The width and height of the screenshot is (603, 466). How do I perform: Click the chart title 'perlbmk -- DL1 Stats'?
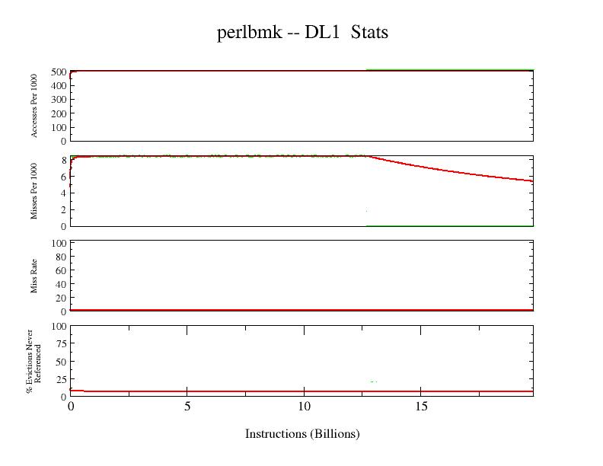tap(302, 33)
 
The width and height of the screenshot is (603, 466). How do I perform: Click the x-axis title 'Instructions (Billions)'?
tap(302, 434)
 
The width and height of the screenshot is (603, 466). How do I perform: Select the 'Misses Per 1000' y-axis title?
tap(34, 190)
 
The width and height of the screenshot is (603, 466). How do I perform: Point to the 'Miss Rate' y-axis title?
tap(34, 276)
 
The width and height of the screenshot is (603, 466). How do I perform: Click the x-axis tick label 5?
tap(187, 407)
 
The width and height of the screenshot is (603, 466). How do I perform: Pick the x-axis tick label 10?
tap(304, 407)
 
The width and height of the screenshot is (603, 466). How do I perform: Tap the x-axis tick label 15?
tap(421, 407)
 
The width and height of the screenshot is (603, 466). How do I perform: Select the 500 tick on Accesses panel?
tap(59, 72)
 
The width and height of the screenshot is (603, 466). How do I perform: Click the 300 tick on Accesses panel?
tap(59, 100)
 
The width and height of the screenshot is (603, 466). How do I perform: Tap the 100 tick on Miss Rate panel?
tap(59, 244)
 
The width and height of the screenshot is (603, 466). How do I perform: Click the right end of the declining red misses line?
tap(532, 181)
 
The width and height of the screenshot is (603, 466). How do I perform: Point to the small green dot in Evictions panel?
tap(373, 381)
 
